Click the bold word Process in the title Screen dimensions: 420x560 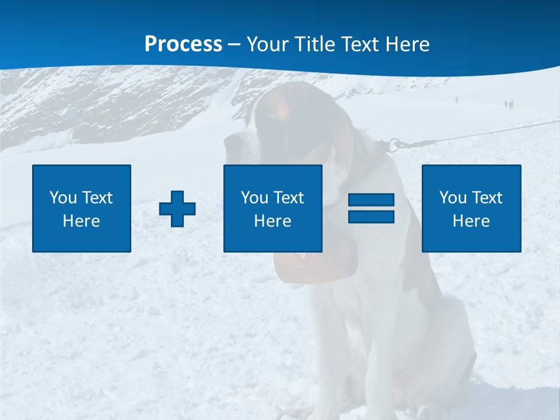[x=183, y=44]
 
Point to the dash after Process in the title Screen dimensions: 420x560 [x=235, y=44]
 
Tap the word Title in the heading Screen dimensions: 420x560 [x=314, y=44]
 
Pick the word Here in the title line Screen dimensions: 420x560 [x=409, y=44]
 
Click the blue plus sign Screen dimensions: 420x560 [x=177, y=208]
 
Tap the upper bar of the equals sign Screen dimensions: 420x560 [x=371, y=200]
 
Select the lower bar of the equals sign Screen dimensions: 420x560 [x=371, y=216]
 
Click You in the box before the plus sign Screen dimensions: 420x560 [x=63, y=198]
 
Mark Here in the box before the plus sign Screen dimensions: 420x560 [x=81, y=221]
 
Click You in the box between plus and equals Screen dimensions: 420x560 [x=254, y=198]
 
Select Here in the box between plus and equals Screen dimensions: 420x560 [x=272, y=221]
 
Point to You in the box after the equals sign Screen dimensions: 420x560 [x=453, y=198]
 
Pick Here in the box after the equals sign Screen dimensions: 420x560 [x=471, y=221]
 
